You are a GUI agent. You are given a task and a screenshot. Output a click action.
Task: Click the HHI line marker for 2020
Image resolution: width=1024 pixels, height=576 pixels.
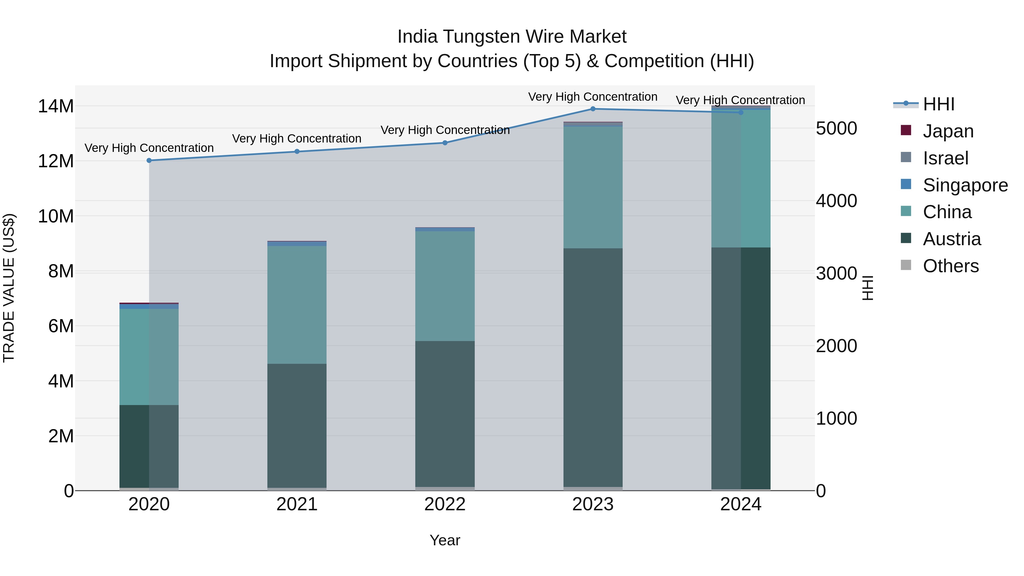pos(149,161)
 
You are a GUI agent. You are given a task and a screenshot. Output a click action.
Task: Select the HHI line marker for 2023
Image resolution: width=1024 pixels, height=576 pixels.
pos(593,109)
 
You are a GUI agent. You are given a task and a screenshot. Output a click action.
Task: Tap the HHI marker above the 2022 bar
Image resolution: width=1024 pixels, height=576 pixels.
pos(445,143)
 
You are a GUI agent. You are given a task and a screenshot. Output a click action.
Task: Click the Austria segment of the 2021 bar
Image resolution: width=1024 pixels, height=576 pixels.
pos(297,425)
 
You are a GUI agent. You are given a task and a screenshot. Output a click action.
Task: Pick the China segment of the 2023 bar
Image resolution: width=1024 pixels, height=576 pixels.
pos(593,187)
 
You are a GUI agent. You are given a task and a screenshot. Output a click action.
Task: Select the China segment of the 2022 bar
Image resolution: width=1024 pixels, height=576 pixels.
pos(445,286)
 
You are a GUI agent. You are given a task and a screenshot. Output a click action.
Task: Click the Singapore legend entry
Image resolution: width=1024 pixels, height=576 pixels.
pos(965,185)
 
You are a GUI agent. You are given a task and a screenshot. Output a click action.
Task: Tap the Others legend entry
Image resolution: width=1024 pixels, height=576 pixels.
pos(950,266)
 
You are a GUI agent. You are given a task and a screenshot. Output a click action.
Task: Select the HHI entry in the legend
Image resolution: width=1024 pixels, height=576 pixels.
pos(938,104)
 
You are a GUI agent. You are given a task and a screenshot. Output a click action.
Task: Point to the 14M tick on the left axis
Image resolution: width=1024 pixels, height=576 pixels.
pos(56,107)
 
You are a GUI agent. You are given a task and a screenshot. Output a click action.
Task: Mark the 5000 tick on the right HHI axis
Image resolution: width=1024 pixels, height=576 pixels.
pos(836,128)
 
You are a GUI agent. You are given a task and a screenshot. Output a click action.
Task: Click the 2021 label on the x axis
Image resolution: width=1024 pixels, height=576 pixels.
pos(297,504)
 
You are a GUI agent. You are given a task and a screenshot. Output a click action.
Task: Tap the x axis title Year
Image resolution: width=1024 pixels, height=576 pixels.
pos(445,540)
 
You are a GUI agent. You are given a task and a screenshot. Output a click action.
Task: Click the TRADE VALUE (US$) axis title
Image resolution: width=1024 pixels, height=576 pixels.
pos(9,288)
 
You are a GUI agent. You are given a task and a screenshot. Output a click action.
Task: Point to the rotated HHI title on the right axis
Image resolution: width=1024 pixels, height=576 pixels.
pos(868,288)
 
